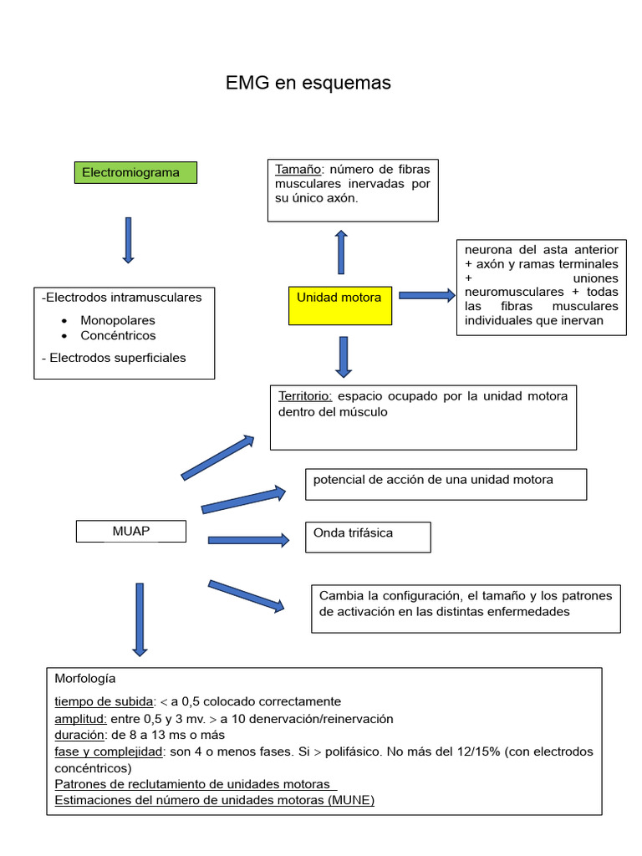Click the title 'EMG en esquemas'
pos(308,84)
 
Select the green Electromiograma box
pos(135,173)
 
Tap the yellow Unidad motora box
pos(339,303)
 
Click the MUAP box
pos(131,531)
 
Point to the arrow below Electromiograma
pos(128,240)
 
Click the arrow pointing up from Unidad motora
pos(341,252)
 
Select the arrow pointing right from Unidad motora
pos(427,295)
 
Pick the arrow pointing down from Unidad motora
pos(343,356)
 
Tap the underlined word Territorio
pos(305,395)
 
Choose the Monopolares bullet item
pos(118,320)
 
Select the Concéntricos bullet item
pos(118,335)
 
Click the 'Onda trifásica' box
pos(368,537)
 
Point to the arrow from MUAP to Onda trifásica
pos(248,540)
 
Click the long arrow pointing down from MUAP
pos(140,619)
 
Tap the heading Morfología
pos(85,678)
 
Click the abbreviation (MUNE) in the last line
pos(351,800)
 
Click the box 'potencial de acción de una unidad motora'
pos(446,483)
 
